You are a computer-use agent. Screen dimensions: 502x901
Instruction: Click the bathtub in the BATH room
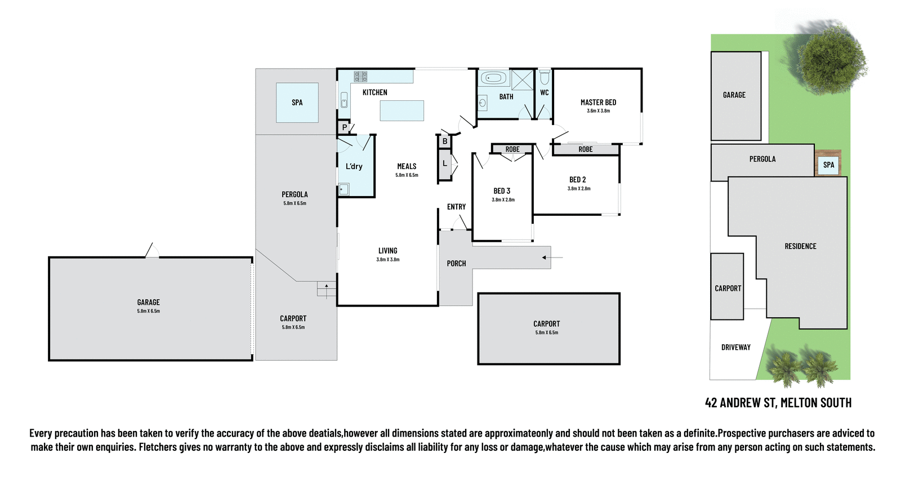coord(494,78)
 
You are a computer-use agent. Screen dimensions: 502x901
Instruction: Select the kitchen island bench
coord(402,110)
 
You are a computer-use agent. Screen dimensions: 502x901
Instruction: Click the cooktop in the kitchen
coord(360,76)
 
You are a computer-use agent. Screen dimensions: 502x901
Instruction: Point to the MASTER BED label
coord(598,103)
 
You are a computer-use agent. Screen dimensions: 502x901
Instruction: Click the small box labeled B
coord(445,141)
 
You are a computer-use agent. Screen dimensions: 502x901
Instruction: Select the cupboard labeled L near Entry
coord(445,164)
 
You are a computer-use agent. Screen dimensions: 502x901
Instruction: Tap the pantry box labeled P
coord(344,127)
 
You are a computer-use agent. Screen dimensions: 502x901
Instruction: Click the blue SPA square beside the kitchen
coord(297,103)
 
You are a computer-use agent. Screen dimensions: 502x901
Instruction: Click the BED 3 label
coord(502,191)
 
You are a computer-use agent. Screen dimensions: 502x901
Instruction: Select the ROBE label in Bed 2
coord(585,149)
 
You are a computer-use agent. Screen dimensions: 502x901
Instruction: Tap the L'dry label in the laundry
coord(354,166)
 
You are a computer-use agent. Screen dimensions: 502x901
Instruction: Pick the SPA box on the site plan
coord(828,165)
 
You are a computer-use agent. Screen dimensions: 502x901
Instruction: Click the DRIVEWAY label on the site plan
coord(735,348)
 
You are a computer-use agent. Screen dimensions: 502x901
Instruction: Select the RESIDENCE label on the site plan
coord(800,246)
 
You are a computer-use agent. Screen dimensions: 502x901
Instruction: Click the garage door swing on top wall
coord(151,251)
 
